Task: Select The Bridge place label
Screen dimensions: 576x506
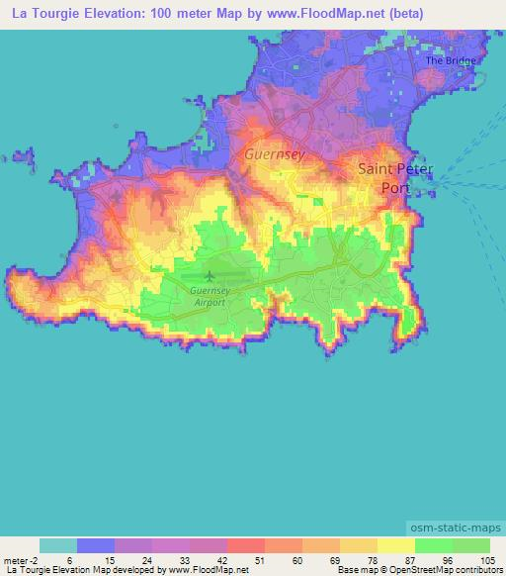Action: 451,60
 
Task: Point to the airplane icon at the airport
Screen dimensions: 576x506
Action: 210,275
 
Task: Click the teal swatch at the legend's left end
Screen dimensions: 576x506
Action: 58,544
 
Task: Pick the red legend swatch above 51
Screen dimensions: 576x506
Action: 246,544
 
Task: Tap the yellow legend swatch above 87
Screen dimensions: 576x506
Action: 395,544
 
